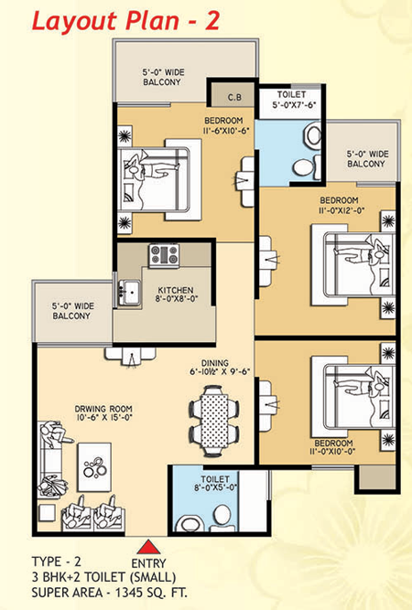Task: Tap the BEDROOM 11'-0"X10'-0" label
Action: (331, 445)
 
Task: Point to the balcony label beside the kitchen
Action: (70, 311)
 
